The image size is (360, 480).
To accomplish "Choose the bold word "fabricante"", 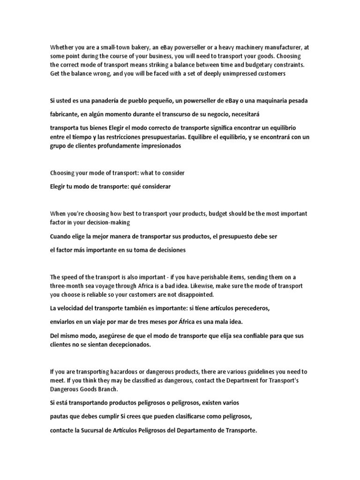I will pos(66,114).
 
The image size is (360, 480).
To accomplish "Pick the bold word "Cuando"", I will pos(60,237).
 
